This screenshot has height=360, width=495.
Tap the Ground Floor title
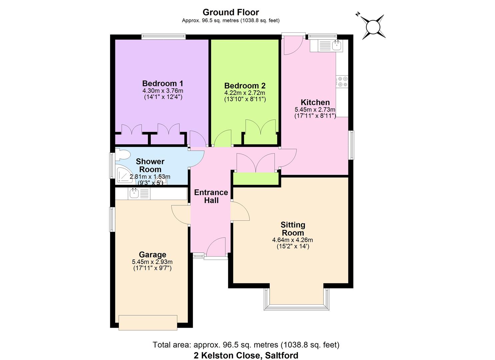pyautogui.click(x=231, y=12)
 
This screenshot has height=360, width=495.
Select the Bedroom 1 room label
pyautogui.click(x=163, y=83)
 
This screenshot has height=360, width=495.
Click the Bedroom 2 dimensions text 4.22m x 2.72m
pyautogui.click(x=245, y=93)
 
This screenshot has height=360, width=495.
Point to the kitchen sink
pyautogui.click(x=337, y=45)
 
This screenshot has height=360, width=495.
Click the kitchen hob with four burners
pyautogui.click(x=342, y=82)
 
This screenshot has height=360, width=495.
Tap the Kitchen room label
pyautogui.click(x=315, y=102)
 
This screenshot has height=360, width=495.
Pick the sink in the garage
pyautogui.click(x=134, y=193)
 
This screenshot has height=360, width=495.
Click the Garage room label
pyautogui.click(x=152, y=255)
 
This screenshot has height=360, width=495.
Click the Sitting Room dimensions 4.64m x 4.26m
pyautogui.click(x=293, y=240)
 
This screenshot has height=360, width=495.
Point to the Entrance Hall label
pyautogui.click(x=211, y=196)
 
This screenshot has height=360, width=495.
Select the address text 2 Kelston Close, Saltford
pyautogui.click(x=246, y=355)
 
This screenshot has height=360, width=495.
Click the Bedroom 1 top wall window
pyautogui.click(x=163, y=36)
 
